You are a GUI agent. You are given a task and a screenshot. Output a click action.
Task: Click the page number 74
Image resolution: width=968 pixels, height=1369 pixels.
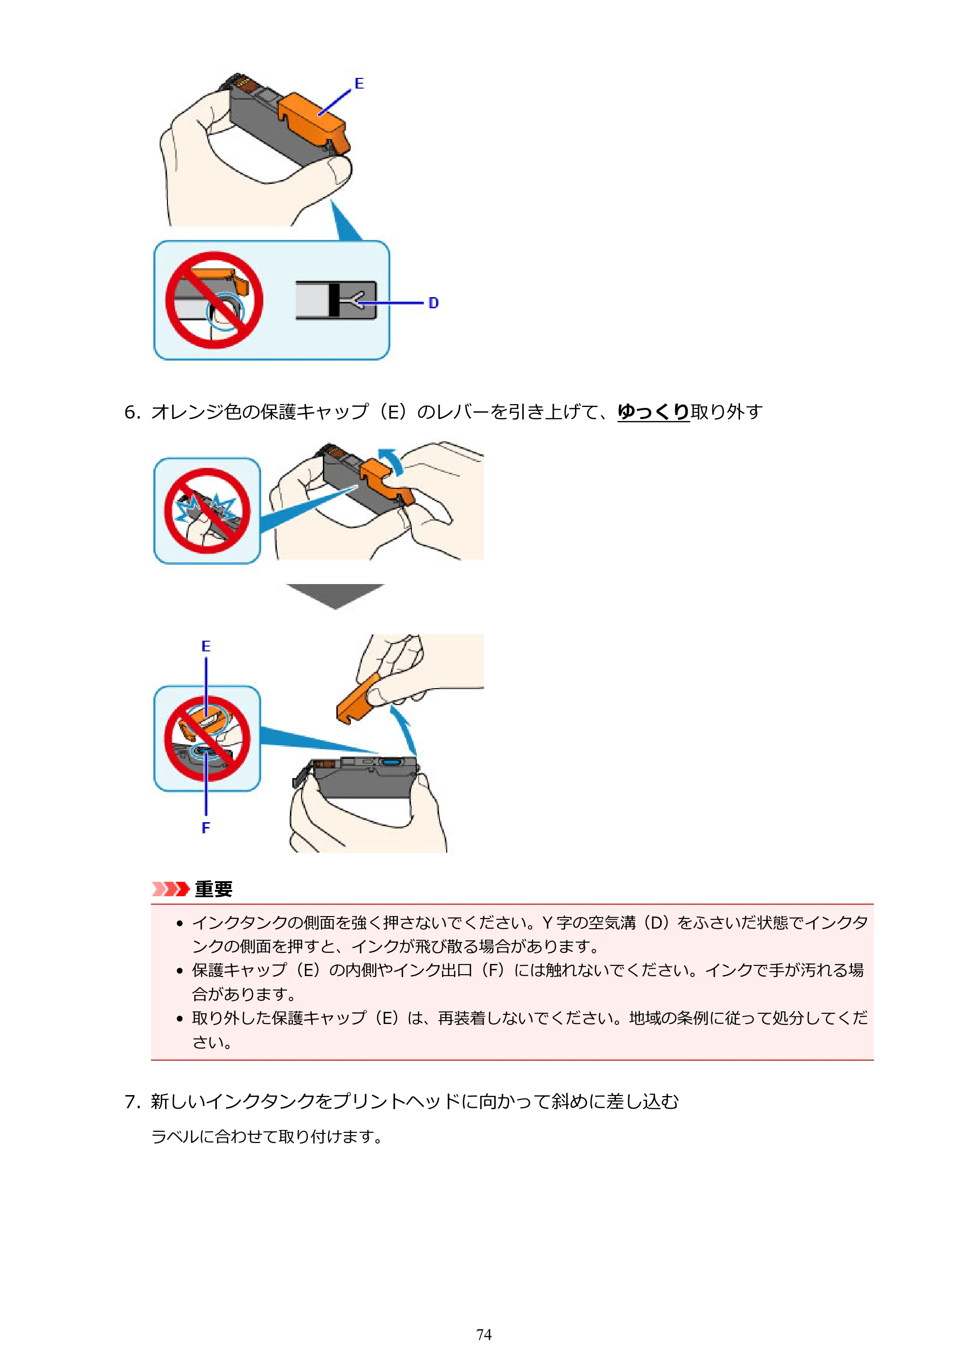tap(484, 1334)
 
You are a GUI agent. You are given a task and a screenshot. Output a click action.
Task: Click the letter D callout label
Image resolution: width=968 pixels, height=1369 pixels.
tap(434, 303)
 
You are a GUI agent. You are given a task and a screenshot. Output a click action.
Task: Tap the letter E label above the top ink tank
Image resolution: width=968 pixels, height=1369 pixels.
tap(359, 83)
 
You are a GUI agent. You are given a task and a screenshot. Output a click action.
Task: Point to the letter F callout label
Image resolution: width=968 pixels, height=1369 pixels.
tap(206, 827)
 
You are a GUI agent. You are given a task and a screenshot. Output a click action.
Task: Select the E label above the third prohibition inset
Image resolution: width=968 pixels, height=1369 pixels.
tap(206, 647)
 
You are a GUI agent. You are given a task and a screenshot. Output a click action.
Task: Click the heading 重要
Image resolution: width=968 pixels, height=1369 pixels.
tap(213, 889)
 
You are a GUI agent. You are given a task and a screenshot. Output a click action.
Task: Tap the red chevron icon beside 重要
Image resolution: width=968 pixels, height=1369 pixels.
tap(170, 889)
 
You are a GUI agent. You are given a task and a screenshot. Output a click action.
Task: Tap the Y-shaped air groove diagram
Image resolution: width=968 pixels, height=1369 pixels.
tap(336, 300)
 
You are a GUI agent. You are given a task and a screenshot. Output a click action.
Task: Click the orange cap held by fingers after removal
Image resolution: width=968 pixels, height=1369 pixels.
tap(359, 699)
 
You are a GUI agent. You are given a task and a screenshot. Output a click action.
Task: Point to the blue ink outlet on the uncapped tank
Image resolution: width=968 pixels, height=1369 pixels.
tap(391, 762)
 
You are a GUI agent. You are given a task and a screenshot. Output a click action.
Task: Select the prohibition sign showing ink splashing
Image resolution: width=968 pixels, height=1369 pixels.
tap(207, 511)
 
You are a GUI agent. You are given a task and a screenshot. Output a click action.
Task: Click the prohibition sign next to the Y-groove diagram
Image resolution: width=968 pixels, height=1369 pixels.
tap(214, 300)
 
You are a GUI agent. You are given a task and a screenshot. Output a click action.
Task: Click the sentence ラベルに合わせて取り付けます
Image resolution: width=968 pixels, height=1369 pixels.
tap(266, 1136)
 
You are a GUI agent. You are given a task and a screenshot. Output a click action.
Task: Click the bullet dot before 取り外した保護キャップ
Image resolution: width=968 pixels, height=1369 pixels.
tap(180, 1019)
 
